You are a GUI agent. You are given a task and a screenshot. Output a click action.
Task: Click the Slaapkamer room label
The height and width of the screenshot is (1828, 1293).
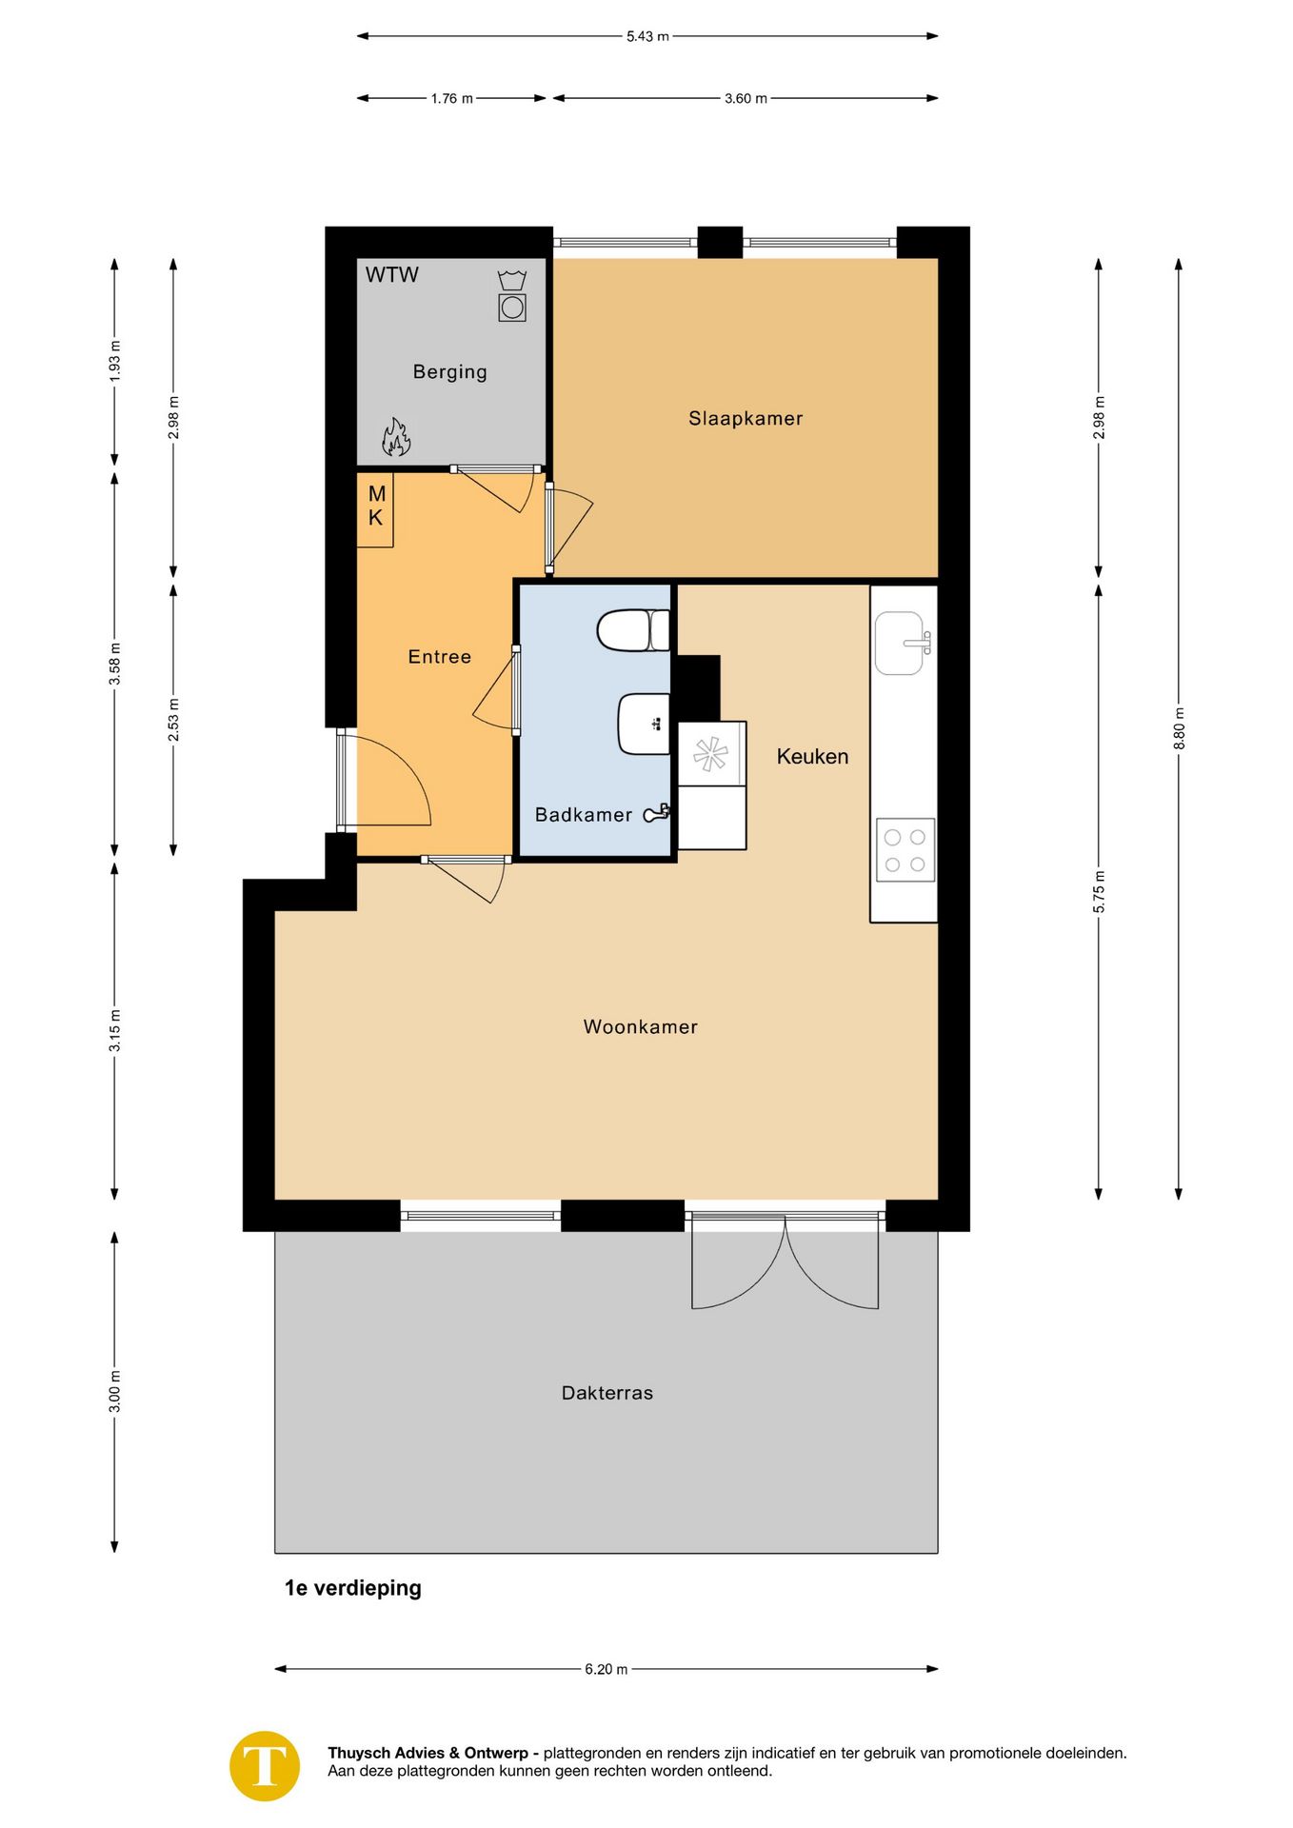[x=746, y=419]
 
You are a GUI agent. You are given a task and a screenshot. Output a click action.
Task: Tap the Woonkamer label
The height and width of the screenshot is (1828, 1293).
[x=641, y=1026]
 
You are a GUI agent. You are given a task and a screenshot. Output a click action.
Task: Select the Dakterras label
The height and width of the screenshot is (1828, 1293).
[x=607, y=1393]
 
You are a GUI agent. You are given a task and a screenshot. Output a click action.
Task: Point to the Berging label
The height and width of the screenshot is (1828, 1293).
[x=449, y=372]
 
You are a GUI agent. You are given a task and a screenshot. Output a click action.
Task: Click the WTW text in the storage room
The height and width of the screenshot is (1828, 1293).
[x=392, y=275]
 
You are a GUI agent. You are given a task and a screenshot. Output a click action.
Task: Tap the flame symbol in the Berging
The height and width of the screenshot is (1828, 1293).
[x=396, y=437]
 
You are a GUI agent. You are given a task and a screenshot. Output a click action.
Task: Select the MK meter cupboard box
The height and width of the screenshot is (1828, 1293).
[x=375, y=509]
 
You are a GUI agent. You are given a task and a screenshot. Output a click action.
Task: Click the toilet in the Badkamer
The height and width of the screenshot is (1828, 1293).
[x=633, y=630]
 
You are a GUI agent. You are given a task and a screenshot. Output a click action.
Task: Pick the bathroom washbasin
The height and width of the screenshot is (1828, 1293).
[x=645, y=724]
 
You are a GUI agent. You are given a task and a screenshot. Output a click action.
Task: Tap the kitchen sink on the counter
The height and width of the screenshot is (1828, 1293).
[x=903, y=643]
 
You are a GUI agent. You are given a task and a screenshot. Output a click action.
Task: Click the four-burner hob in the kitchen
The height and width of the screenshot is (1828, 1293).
[x=905, y=850]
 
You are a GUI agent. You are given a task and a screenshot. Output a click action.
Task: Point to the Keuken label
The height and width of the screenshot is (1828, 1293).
[x=812, y=757]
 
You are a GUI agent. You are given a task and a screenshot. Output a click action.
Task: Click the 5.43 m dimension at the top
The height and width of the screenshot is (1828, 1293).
[x=647, y=36]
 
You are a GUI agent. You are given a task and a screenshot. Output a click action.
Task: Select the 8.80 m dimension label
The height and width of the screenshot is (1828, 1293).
[x=1179, y=728]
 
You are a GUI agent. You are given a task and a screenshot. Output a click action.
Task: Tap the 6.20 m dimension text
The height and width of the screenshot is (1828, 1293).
[x=607, y=1669]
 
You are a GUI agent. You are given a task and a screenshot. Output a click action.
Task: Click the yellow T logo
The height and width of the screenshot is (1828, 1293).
[x=265, y=1766]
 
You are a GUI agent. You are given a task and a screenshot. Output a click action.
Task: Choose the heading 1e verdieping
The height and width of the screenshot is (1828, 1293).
[x=353, y=1588]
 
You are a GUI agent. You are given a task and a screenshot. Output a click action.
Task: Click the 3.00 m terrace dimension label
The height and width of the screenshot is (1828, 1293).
[x=114, y=1392]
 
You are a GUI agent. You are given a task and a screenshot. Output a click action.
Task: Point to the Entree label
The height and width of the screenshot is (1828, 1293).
[x=440, y=657]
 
